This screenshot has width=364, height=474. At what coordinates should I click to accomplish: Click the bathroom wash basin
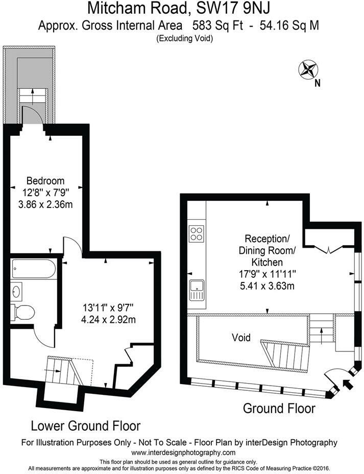coord(17,292)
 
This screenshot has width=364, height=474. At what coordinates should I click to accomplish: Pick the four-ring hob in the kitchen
coord(196,234)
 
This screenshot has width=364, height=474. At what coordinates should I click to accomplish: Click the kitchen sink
coord(196,291)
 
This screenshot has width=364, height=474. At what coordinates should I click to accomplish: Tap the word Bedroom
coord(45,181)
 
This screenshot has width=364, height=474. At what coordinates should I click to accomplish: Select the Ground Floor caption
coord(279,408)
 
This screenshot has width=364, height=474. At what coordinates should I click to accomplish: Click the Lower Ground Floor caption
coord(86,425)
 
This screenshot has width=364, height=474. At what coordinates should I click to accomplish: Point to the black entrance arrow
coord(349,384)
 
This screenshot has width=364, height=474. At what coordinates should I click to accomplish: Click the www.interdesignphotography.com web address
coord(183,453)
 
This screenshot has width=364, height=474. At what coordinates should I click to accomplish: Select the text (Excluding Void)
coord(185,38)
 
